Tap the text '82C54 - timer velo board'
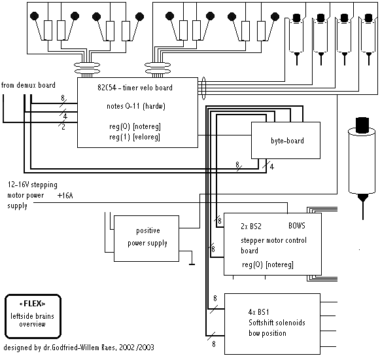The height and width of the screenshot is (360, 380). pos(135,88)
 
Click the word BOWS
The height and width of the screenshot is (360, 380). pos(297,226)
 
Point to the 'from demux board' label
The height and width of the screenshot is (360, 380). pos(28,85)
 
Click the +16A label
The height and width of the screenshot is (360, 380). pos(65,196)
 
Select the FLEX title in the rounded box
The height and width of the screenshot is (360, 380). pos(32,304)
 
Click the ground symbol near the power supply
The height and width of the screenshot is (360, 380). pos(192,264)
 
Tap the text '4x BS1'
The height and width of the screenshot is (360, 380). pos(258,312)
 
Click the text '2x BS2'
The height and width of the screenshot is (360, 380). pos(251,226)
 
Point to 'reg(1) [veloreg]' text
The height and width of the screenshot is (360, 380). pos(135,137)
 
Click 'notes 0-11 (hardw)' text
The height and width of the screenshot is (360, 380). pos(136,106)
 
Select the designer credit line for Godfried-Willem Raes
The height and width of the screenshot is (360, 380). pos(78,348)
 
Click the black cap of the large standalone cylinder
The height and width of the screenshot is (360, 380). pos(362,125)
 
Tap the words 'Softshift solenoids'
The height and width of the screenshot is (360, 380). pos(277,323)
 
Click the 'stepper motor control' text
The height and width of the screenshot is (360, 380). pos(273,240)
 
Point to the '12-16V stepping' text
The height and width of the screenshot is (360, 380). pos(33,185)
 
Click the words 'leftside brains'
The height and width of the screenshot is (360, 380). pos(32,316)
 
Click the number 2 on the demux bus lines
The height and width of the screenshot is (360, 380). pos(63,127)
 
